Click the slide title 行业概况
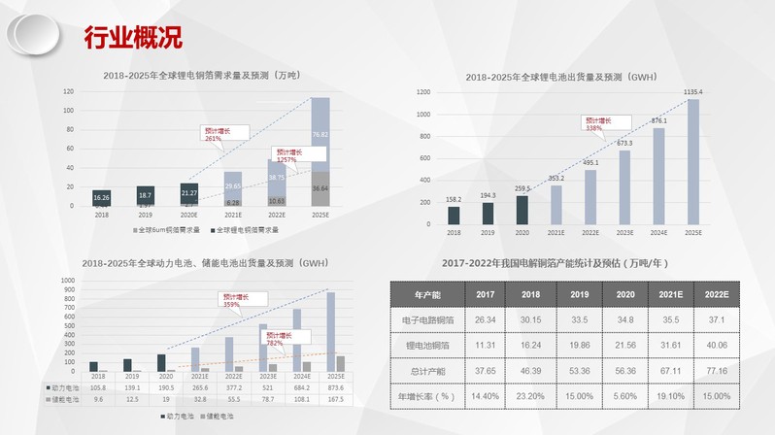pos(133,38)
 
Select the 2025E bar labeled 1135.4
pos(692,160)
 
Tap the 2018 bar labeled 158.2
pos(454,214)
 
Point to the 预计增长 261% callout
pos(223,134)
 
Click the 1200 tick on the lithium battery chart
pos(423,92)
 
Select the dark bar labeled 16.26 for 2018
pos(101,197)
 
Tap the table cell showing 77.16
pos(715,370)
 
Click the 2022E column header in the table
pos(715,294)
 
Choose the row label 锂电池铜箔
pos(427,345)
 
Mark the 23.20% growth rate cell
pos(530,395)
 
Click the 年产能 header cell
pos(427,294)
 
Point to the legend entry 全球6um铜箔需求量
pos(166,230)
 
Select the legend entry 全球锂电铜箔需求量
pos(244,230)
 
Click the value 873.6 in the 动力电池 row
pos(335,385)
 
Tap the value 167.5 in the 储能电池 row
pos(335,398)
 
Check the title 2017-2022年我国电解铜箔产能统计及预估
pos(556,263)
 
